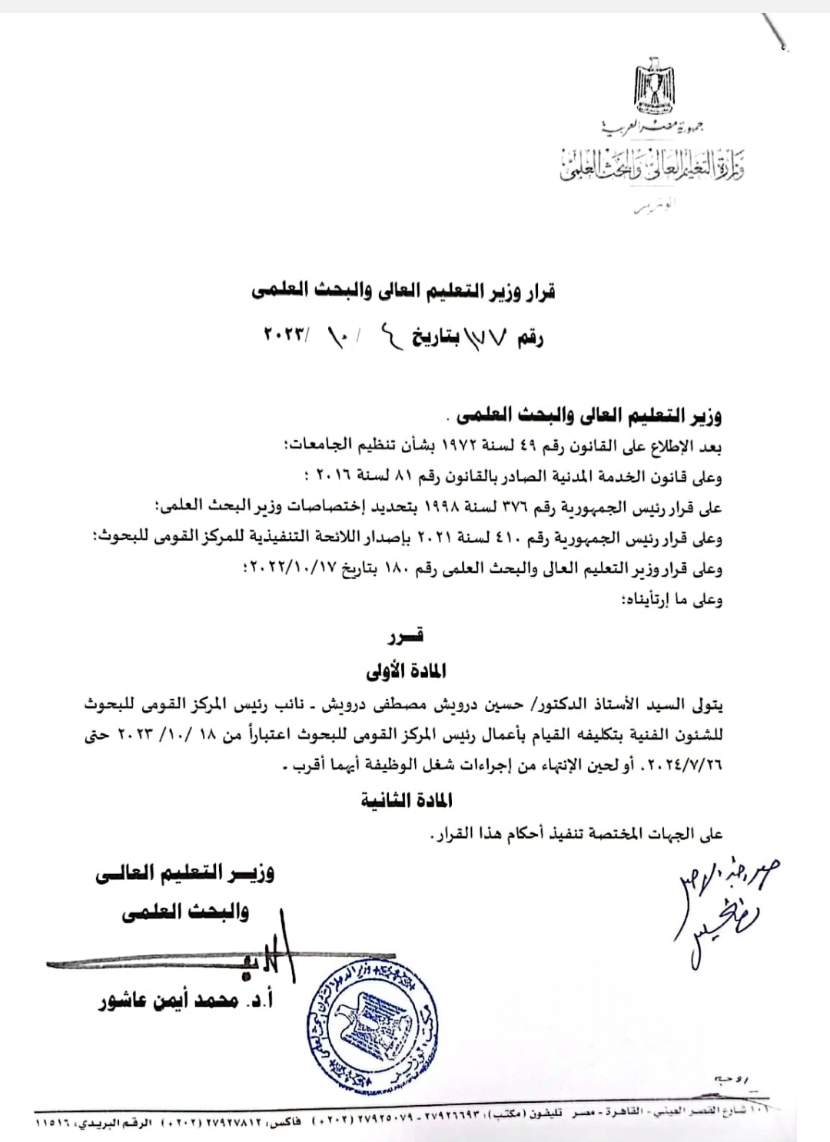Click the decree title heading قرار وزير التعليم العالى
[x=403, y=291]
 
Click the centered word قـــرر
[x=407, y=636]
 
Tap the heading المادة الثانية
[x=407, y=800]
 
